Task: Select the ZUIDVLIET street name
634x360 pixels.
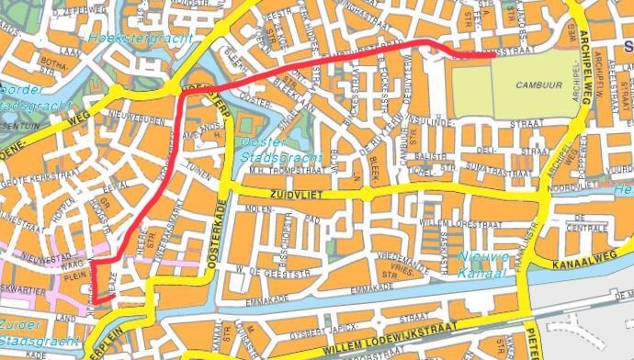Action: tap(299, 195)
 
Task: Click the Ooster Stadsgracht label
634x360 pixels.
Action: tap(266, 149)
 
